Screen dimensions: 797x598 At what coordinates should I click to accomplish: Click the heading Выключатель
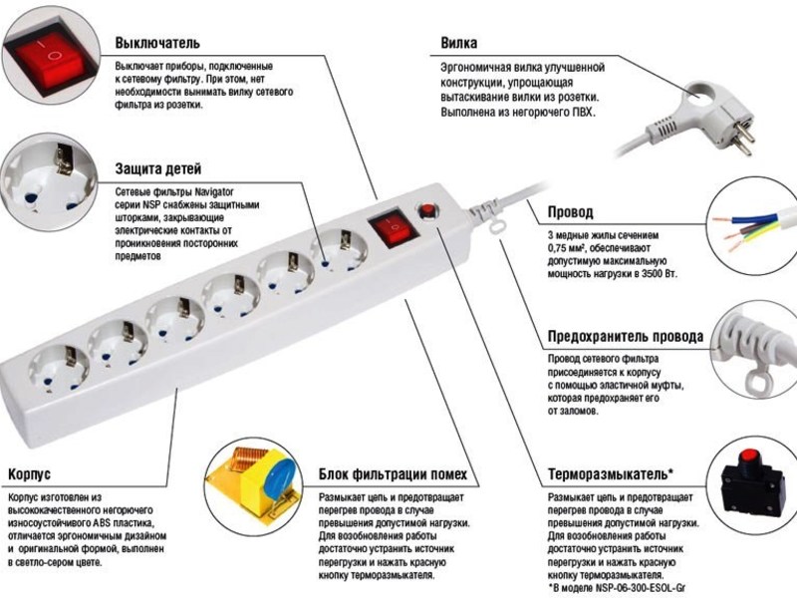pos(157,43)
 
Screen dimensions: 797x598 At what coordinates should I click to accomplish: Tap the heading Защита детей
pos(158,168)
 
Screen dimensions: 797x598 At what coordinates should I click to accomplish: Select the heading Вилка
pos(459,43)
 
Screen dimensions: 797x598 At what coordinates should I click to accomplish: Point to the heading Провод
pos(570,212)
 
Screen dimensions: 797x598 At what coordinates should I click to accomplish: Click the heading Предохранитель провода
pos(626,336)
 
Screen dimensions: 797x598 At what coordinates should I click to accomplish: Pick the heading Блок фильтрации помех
pos(393,474)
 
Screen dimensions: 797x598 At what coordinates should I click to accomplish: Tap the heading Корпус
pos(29,474)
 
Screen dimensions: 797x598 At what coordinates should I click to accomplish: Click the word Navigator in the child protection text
pos(214,191)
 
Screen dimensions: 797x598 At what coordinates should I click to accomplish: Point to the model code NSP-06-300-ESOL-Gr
pos(642,588)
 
